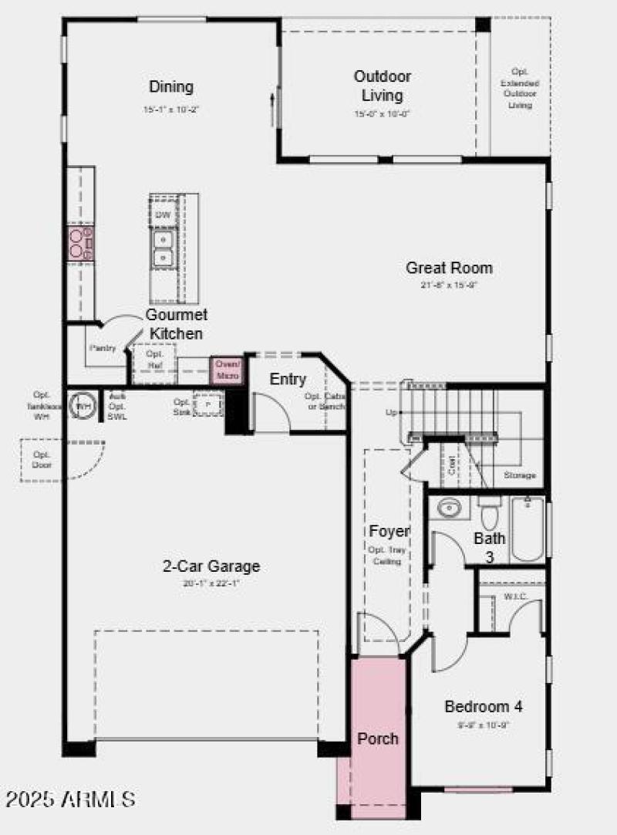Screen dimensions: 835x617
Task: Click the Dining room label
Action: tap(171, 87)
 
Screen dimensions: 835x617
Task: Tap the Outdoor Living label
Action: tap(383, 86)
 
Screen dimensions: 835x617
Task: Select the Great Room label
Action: tap(449, 268)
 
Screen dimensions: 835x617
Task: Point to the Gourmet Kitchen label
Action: tap(177, 324)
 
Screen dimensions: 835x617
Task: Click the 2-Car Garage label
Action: tap(211, 566)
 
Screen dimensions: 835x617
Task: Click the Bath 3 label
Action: tap(489, 546)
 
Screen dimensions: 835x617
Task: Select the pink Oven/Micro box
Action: tap(228, 370)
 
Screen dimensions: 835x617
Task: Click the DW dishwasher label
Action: tap(163, 215)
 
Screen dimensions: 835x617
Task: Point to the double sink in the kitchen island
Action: tap(163, 248)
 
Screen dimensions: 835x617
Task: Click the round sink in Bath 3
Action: tap(449, 509)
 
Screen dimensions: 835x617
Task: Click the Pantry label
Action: tap(102, 348)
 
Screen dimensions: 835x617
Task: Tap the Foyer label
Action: tap(389, 531)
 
